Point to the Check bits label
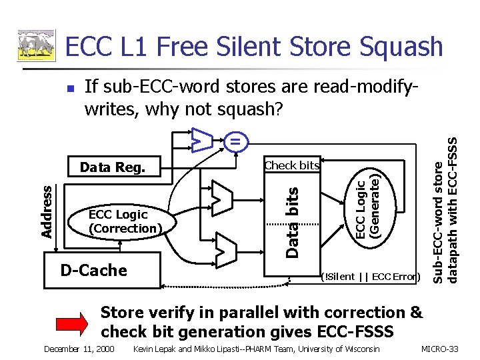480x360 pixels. click(x=291, y=165)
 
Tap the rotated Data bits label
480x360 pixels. click(x=293, y=222)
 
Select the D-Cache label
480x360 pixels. click(x=93, y=270)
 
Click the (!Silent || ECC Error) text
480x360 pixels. click(x=370, y=276)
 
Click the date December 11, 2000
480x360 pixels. click(x=79, y=349)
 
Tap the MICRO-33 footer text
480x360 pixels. click(x=443, y=349)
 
